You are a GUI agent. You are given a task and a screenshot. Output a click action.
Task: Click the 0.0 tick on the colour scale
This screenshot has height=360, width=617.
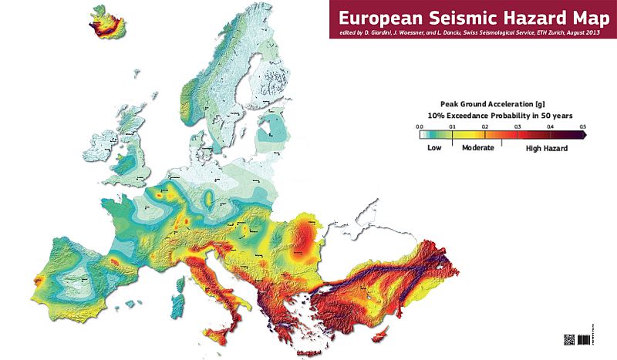tap(420, 125)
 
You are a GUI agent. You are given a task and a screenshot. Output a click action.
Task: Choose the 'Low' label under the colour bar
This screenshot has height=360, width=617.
tap(433, 146)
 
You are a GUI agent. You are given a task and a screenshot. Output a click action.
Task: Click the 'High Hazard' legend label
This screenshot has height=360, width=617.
tap(546, 146)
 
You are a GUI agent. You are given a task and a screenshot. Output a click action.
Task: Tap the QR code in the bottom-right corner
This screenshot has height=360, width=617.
tap(570, 339)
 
